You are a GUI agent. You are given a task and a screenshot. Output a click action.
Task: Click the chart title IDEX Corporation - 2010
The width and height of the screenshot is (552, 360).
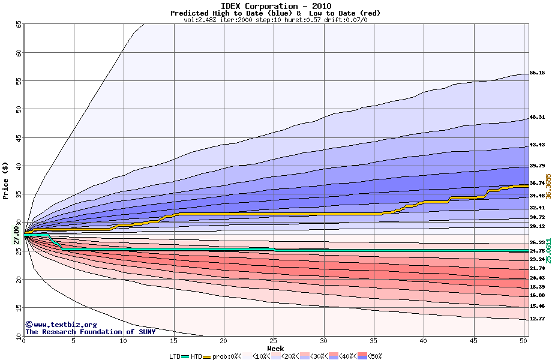click(275, 6)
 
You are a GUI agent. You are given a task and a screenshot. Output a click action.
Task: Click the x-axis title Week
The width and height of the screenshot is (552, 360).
click(275, 348)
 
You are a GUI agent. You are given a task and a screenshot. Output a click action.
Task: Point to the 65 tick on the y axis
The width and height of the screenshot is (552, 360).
click(18, 25)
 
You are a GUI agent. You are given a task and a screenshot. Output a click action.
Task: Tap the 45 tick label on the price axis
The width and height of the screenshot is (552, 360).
click(18, 138)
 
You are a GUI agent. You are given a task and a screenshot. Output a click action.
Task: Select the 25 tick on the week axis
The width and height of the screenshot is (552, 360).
click(274, 341)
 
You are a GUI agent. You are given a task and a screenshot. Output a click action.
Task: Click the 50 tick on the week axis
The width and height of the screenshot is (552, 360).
click(523, 341)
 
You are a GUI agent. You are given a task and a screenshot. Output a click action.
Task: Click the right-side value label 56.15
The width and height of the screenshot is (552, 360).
click(537, 73)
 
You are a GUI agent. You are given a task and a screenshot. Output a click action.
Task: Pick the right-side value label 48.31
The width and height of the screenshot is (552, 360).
click(537, 117)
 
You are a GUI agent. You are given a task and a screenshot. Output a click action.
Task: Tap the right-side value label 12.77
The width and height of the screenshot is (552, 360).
click(537, 319)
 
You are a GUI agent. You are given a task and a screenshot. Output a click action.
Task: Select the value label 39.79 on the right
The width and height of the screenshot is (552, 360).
click(537, 166)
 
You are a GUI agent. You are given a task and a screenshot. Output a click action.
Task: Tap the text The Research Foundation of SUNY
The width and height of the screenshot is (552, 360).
click(82, 332)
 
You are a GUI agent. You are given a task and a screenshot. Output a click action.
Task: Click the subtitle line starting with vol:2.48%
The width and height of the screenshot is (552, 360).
click(275, 20)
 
